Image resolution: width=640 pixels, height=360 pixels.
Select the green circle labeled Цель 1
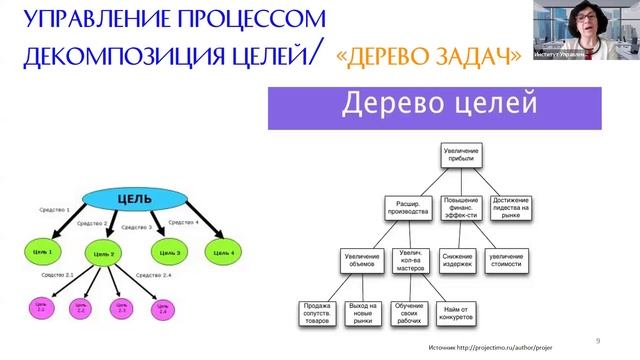click(x=44, y=250)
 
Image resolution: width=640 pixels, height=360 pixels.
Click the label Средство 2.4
click(x=150, y=274)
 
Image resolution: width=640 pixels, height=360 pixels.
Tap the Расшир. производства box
click(x=406, y=207)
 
